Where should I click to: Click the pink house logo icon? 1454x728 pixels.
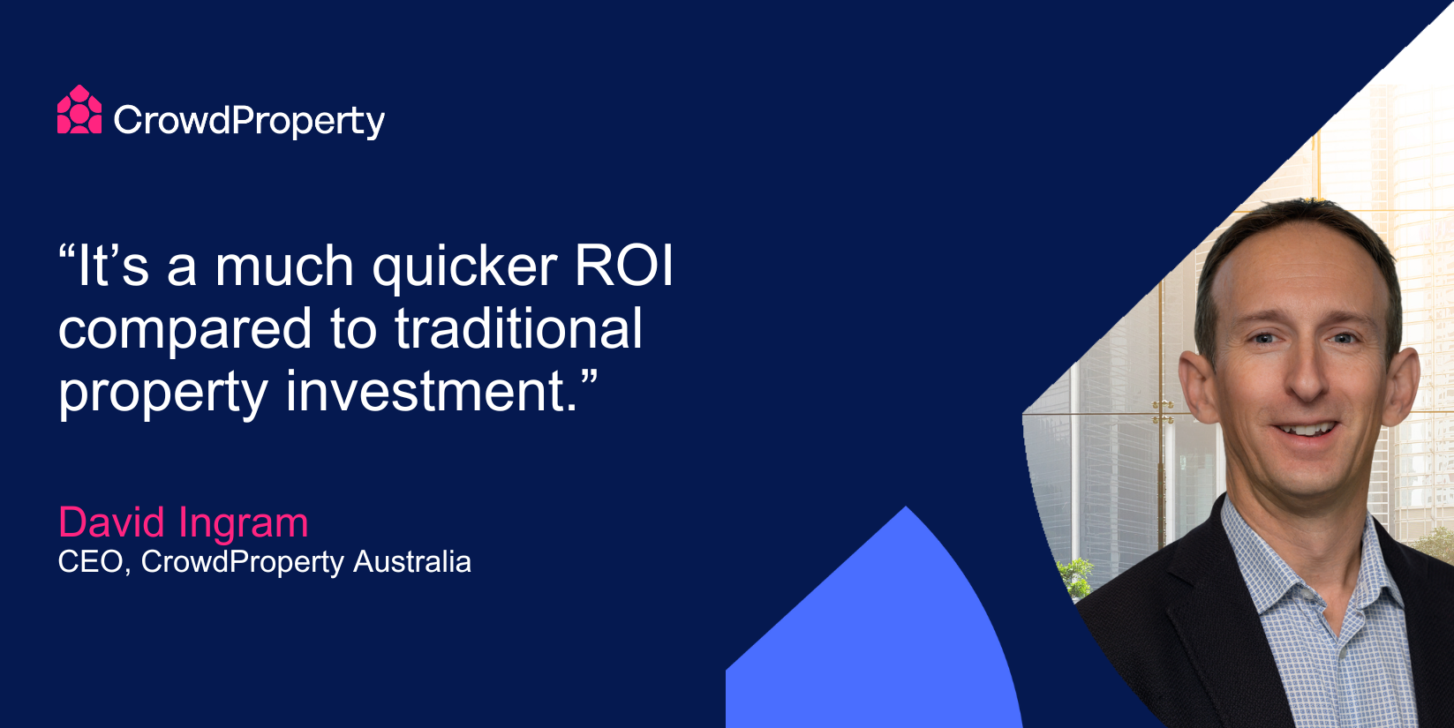(79, 109)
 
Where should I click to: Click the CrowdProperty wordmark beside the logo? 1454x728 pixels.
(249, 121)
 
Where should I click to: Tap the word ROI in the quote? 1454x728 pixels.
(624, 265)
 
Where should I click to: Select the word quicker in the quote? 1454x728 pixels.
(464, 268)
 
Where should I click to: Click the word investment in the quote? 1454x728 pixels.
(432, 391)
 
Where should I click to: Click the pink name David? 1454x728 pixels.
(111, 522)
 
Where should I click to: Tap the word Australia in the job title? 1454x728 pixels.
(412, 561)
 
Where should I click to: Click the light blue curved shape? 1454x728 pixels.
(874, 636)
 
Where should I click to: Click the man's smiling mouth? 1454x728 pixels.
(1306, 430)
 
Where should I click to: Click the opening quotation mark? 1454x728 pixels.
(67, 251)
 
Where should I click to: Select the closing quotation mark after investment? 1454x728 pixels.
(588, 378)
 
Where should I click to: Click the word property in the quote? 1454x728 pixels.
(163, 394)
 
